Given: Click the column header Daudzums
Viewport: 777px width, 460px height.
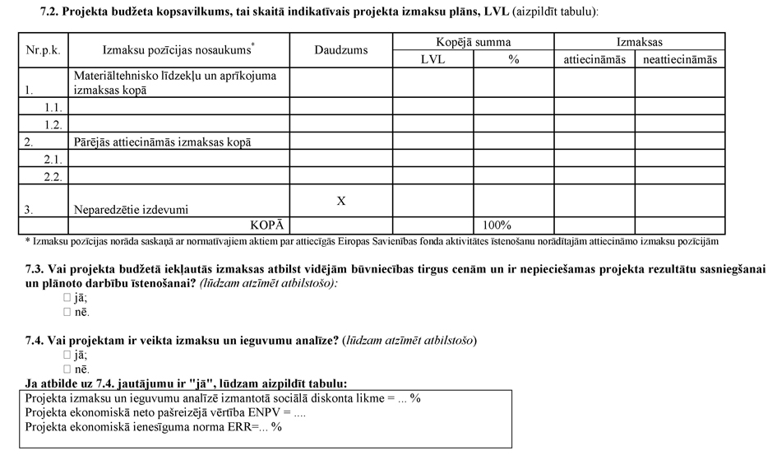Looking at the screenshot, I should [x=340, y=50].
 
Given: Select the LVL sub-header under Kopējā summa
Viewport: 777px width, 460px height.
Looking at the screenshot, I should [x=432, y=59].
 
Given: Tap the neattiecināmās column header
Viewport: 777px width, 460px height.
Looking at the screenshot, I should [x=679, y=59].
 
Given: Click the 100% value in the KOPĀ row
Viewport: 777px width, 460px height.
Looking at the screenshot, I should [x=497, y=225].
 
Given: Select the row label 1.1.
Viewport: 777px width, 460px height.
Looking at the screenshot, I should [x=53, y=108].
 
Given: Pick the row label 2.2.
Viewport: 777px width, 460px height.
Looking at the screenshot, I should [x=53, y=175].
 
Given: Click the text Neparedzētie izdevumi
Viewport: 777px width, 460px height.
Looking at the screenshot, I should [x=131, y=210].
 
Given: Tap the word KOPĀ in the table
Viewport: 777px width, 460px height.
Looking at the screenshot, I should [x=267, y=225].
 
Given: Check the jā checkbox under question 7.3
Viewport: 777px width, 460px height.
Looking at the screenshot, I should [x=67, y=298].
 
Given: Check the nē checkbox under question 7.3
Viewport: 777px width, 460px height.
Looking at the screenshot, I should [x=67, y=313].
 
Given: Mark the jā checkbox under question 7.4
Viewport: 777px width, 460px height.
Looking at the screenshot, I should [x=67, y=355].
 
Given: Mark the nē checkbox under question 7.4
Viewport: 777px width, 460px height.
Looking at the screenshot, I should [x=67, y=370].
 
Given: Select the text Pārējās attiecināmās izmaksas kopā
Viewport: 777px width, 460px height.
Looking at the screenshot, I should [x=162, y=142].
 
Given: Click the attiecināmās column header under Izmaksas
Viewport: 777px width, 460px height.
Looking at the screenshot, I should [x=594, y=59].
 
